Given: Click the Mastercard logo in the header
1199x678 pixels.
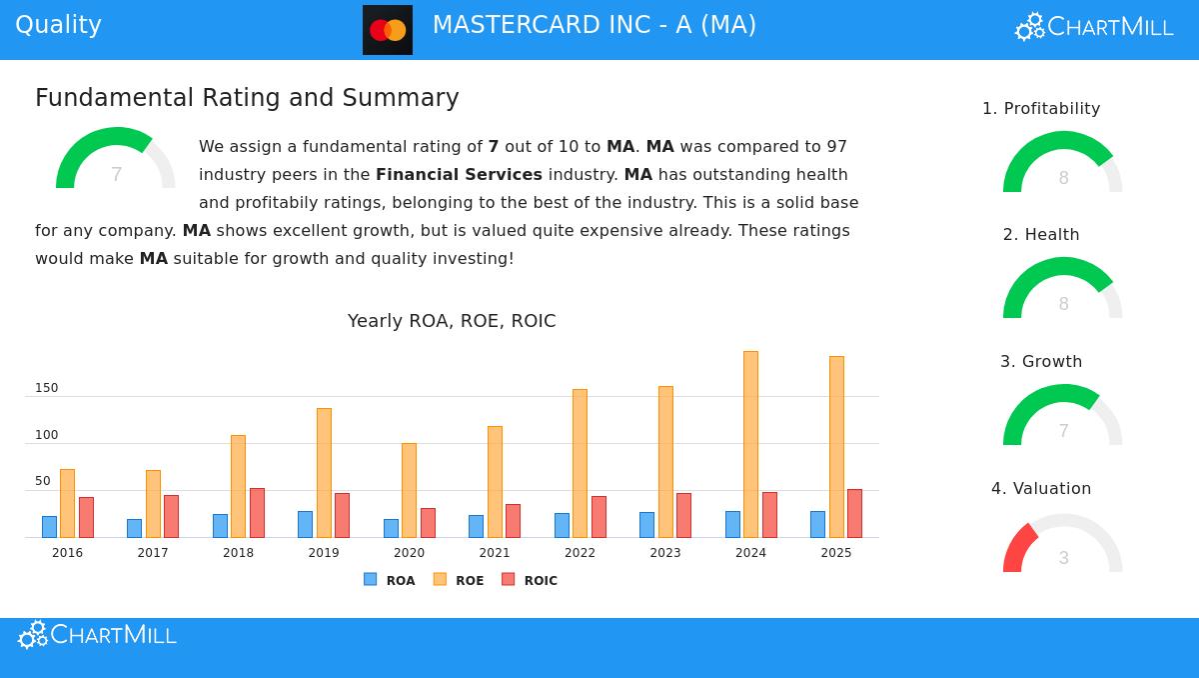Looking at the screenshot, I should click(388, 30).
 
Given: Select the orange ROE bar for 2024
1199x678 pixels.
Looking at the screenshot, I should click(750, 444).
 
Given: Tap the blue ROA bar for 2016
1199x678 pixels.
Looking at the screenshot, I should click(49, 527).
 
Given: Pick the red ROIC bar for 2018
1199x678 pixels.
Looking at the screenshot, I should click(257, 513).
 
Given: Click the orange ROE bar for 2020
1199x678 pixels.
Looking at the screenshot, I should click(409, 490).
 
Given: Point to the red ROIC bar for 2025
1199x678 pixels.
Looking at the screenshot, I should click(854, 513).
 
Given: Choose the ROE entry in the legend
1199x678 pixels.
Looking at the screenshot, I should click(459, 580).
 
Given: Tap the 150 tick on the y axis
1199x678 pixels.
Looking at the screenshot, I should click(46, 388).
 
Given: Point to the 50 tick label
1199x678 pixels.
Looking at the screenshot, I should click(42, 482).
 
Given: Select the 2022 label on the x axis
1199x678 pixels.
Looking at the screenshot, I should click(580, 553).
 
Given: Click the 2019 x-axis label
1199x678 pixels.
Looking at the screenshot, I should click(324, 553).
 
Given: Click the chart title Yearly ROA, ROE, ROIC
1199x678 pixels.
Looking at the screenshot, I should click(452, 321).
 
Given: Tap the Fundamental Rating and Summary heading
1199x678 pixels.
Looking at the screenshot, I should click(247, 98).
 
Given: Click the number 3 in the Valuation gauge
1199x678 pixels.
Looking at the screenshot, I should click(1063, 558).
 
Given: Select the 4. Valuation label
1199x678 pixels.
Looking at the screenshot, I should click(1041, 489).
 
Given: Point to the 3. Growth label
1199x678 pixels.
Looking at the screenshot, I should click(1041, 362).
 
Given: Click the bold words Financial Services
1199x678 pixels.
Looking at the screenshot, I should click(459, 175).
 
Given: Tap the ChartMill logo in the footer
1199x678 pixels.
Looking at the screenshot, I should click(98, 635).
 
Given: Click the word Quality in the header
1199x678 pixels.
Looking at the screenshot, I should click(58, 25).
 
